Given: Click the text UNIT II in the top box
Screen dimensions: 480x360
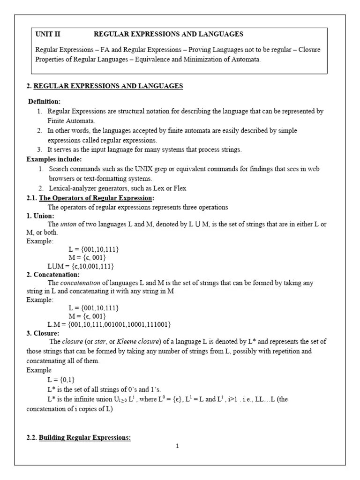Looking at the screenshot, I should point(48,34).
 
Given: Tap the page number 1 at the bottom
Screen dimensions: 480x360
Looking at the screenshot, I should point(177,446).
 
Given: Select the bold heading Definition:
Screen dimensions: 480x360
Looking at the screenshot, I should point(44,102).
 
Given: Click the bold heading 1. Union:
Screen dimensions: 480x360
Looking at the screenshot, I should point(40,216).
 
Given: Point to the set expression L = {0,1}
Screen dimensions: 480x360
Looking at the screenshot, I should point(61,380).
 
